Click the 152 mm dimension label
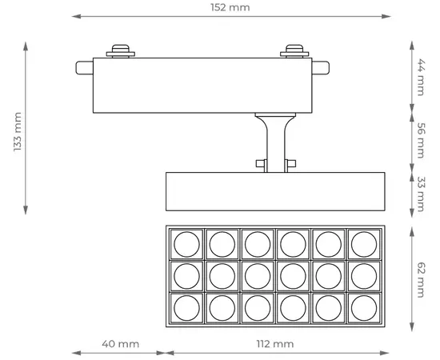tap(228, 7)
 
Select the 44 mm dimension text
tap(420, 77)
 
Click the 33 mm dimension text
tap(420, 194)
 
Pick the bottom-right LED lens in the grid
tap(364, 307)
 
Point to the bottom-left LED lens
tap(186, 307)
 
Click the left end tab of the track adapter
tap(84, 68)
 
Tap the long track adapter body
tap(204, 84)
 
